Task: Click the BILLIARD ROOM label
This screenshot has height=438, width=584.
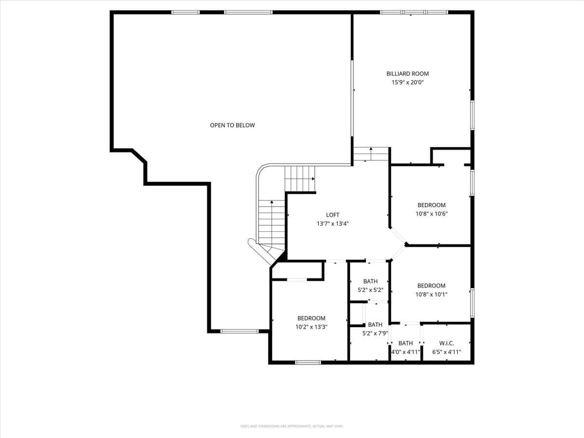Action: point(407,73)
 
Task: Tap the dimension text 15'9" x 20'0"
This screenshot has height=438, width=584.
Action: point(407,83)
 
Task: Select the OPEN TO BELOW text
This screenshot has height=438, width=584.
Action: point(232,125)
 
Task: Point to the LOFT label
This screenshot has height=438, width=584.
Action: point(332,215)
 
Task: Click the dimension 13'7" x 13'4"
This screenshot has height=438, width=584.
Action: point(332,224)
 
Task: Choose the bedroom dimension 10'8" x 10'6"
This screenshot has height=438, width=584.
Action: point(431,214)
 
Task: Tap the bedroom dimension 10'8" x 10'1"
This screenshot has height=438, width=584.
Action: point(431,294)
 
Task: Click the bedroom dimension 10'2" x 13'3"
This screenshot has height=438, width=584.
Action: point(311,327)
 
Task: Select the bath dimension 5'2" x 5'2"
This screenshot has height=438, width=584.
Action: point(370,290)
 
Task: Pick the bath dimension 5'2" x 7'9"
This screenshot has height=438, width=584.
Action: point(375,333)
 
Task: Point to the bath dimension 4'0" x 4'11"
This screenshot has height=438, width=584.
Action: point(405,352)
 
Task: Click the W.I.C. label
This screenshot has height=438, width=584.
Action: point(446,343)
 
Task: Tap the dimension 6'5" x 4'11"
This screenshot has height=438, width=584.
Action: point(446,352)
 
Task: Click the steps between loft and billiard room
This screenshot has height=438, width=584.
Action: point(371,154)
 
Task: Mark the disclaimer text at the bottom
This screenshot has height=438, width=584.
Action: point(292,426)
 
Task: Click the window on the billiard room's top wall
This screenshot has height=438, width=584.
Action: point(413,12)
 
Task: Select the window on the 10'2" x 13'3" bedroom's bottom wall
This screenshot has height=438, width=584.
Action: point(308,362)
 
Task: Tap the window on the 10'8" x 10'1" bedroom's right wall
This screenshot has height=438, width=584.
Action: point(472,303)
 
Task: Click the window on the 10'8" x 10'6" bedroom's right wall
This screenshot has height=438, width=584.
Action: point(472,182)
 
